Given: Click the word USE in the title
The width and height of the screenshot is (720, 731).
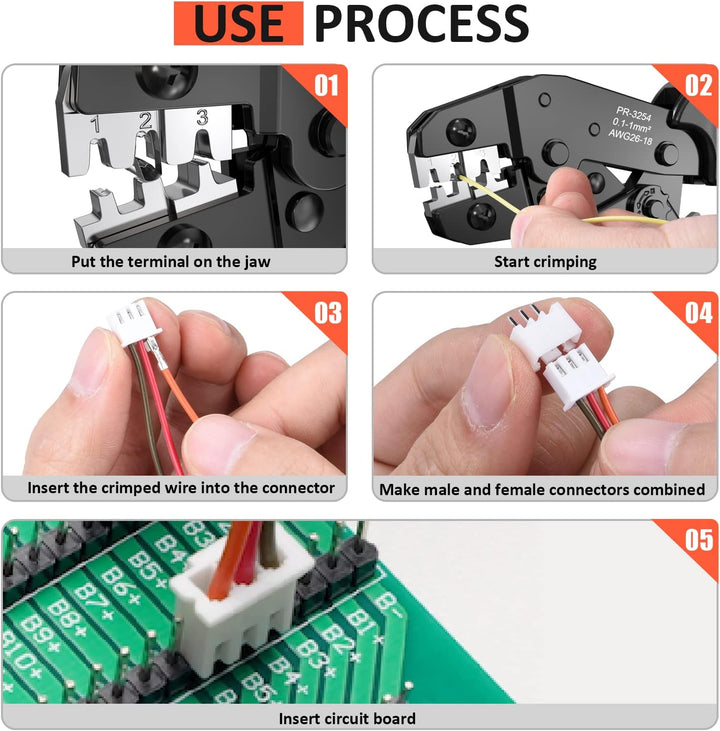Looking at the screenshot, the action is [x=238, y=23].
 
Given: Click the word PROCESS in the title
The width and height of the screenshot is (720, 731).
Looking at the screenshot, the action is [x=422, y=23].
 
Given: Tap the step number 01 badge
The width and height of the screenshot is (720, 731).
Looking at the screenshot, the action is [x=326, y=86].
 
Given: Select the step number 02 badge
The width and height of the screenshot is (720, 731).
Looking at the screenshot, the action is [x=699, y=86].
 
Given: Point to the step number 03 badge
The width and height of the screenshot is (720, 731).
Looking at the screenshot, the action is [x=328, y=313].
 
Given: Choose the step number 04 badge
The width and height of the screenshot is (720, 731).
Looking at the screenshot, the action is [x=699, y=313].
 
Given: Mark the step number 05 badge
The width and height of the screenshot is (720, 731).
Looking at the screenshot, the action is [x=699, y=540].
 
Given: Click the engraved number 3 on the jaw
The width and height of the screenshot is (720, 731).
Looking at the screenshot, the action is [x=202, y=117].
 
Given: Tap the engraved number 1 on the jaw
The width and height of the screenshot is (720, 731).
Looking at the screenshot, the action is [x=95, y=124].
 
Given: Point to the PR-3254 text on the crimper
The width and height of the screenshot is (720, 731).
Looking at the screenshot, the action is [x=633, y=114].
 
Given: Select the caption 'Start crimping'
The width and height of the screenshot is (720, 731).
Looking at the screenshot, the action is [x=545, y=262].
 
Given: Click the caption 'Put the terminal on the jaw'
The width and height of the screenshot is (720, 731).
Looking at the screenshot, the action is [x=171, y=262].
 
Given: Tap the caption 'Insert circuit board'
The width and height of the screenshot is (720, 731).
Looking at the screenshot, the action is [x=347, y=718].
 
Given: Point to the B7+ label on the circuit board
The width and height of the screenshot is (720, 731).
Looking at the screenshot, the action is [x=93, y=600].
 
